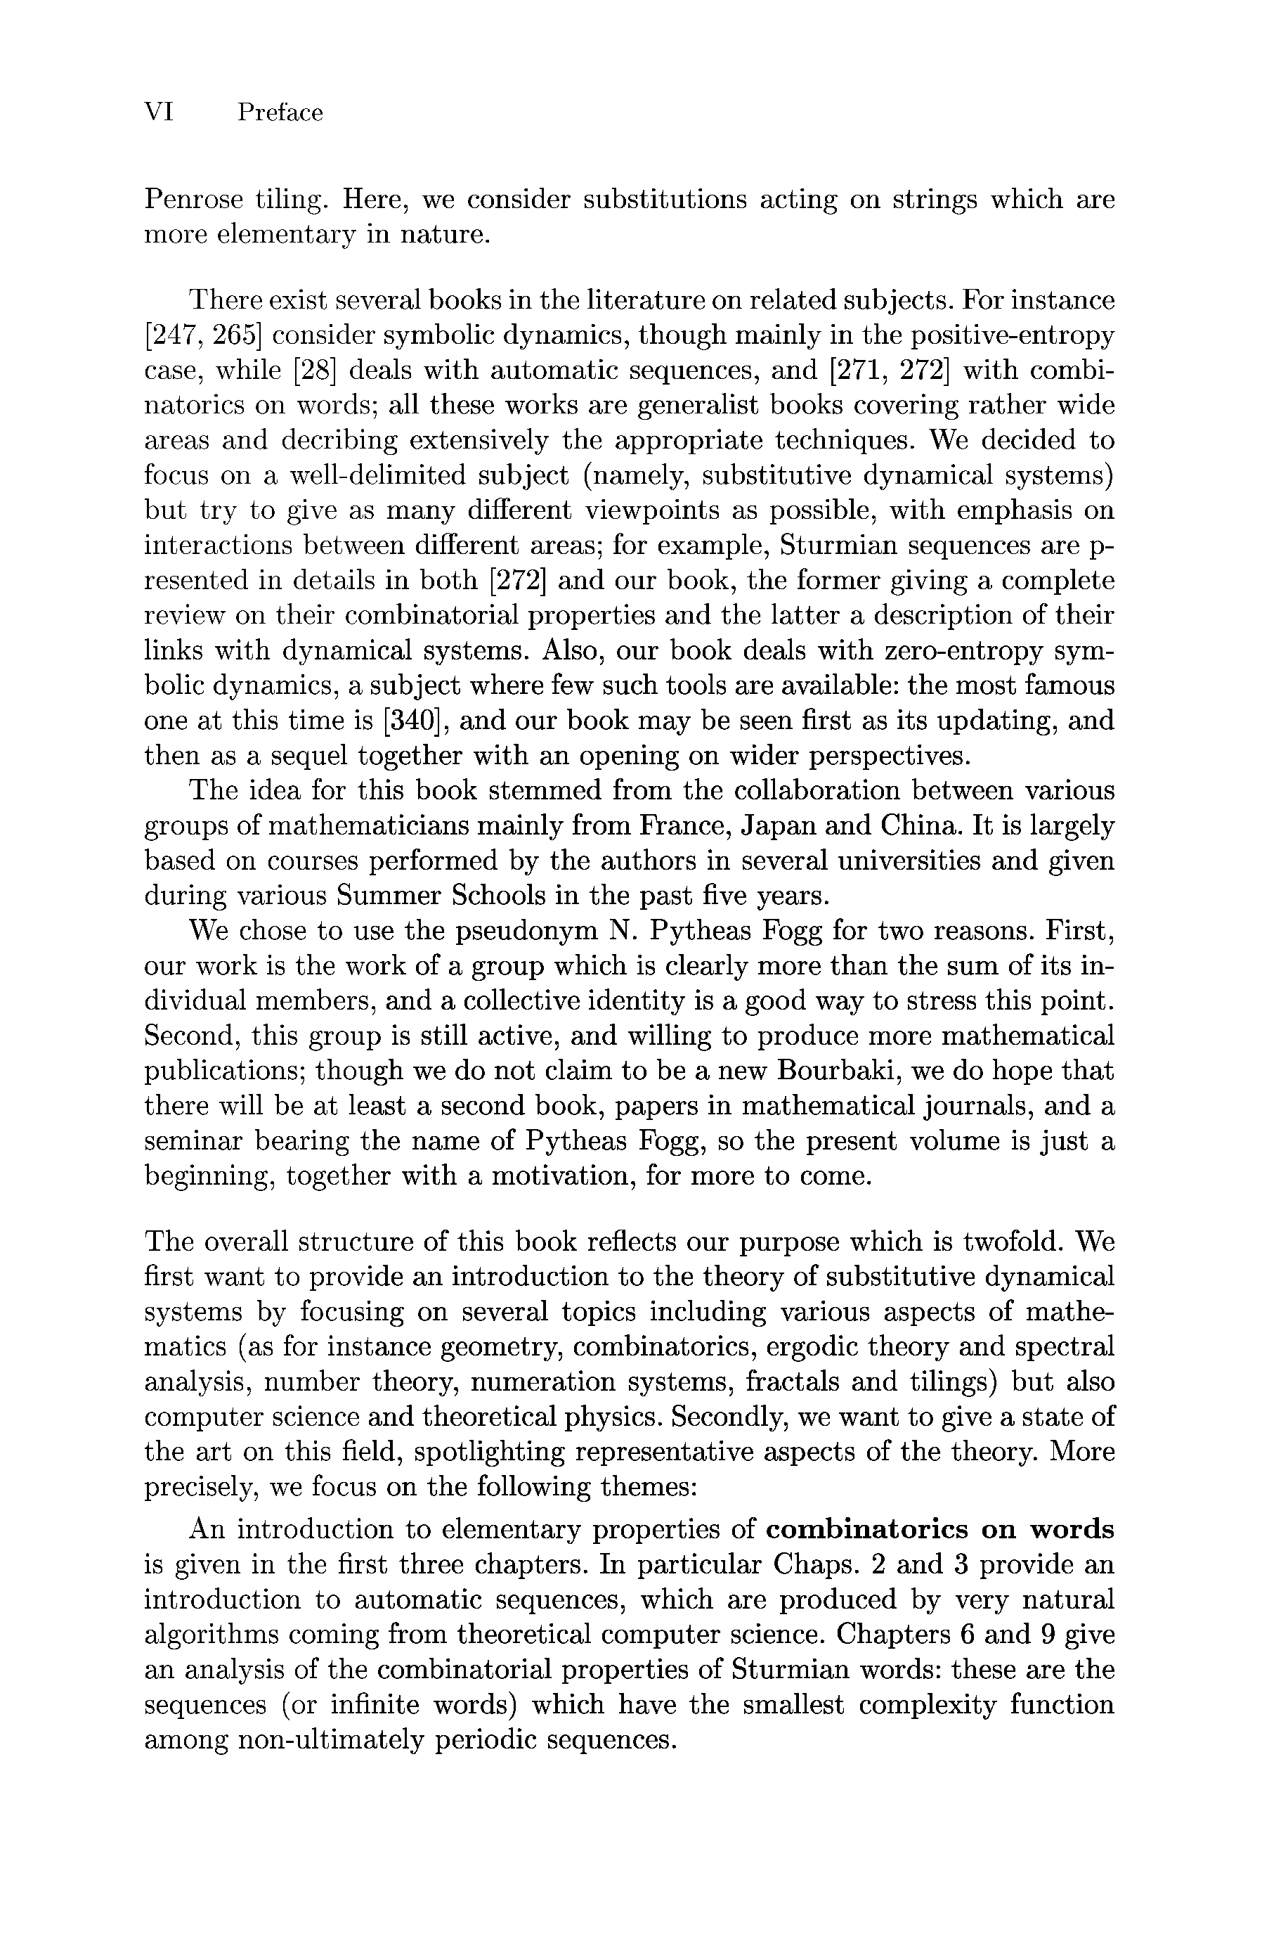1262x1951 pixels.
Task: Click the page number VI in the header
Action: [x=159, y=112]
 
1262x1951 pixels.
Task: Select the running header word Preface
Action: [x=280, y=112]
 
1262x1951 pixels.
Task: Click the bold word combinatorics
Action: [x=876, y=1530]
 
